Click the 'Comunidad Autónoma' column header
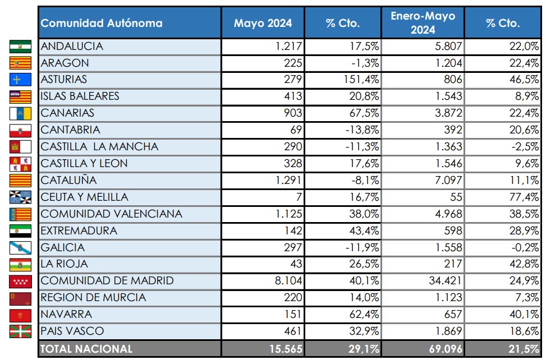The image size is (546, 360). click(102, 23)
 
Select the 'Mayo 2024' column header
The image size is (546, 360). click(263, 23)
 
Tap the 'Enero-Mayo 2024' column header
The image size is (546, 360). click(423, 23)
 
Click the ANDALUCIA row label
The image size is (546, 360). click(72, 47)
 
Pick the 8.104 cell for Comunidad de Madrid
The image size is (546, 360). click(288, 281)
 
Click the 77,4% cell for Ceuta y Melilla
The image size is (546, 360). click(524, 197)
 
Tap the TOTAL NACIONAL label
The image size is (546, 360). click(87, 349)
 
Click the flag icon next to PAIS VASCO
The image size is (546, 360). click(20, 331)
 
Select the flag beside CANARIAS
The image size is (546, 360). click(20, 113)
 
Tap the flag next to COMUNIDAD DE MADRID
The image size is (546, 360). click(20, 281)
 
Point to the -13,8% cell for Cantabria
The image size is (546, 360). click(361, 130)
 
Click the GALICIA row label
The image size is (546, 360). click(63, 247)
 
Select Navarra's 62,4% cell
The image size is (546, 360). click(361, 315)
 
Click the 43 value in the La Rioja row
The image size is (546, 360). click(296, 264)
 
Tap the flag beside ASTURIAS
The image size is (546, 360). click(20, 80)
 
